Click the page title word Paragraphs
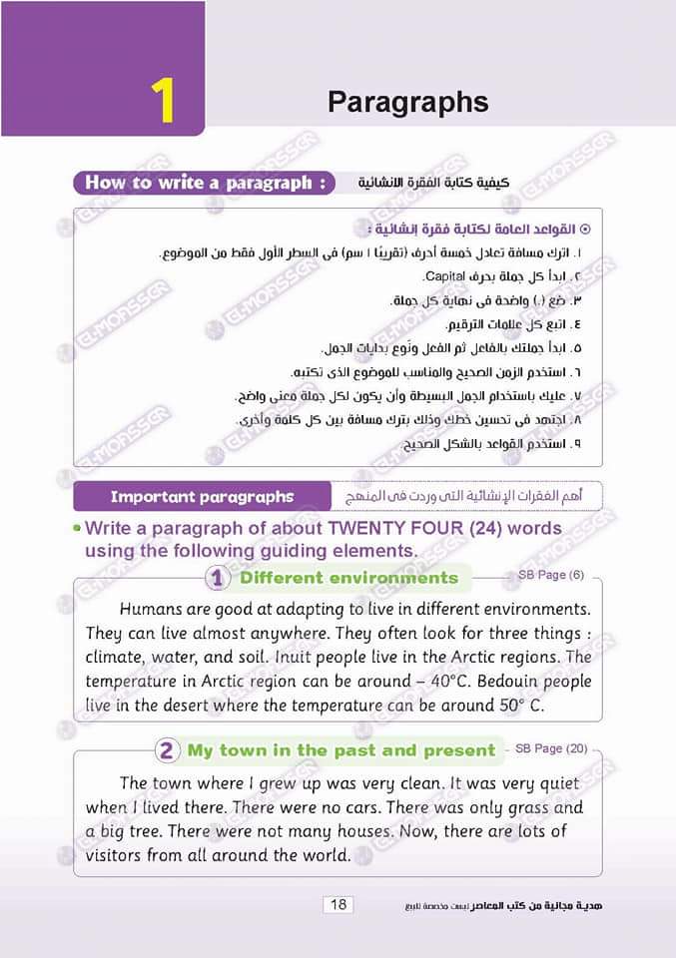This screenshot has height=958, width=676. coord(407,102)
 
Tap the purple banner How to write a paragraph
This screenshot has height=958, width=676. coord(204,183)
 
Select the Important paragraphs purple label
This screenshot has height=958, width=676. coord(202,496)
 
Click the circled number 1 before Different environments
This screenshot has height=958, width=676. coord(217,578)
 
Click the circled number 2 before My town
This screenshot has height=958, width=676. coord(167,750)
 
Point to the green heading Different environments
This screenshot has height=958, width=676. coord(348,578)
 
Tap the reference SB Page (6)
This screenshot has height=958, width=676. coord(551,576)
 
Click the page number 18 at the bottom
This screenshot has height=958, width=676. coord(338,904)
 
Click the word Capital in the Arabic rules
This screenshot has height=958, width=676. coord(445,275)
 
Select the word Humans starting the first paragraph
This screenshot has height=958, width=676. coord(153,608)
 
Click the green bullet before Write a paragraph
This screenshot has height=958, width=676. coord(76,527)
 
